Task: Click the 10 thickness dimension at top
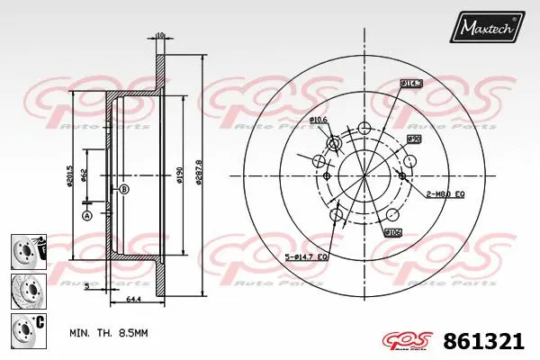pos(160,35)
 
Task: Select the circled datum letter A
pos(87,215)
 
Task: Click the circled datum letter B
pos(124,188)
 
